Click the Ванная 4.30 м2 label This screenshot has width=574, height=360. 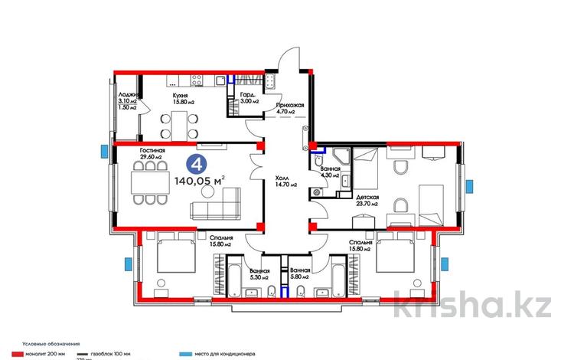click(330, 170)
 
